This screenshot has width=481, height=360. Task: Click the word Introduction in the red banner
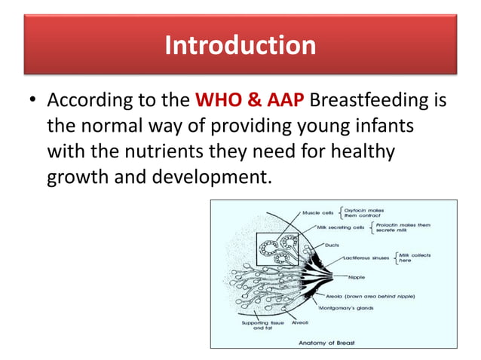pyautogui.click(x=240, y=45)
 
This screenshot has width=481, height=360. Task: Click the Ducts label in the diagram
pyautogui.click(x=331, y=244)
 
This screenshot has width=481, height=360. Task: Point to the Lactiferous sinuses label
pyautogui.click(x=365, y=258)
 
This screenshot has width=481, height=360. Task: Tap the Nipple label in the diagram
pyautogui.click(x=357, y=276)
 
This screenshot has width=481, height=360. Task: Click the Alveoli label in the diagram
pyautogui.click(x=301, y=322)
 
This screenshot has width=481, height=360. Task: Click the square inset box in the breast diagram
pyautogui.click(x=278, y=249)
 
